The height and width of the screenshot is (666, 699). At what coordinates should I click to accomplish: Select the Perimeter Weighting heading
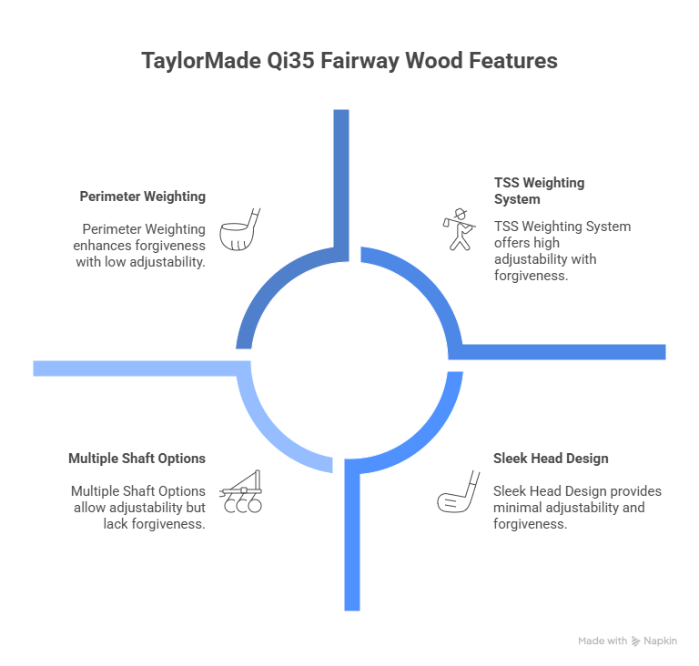pos(142,196)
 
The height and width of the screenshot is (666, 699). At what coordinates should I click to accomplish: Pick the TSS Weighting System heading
pos(538,190)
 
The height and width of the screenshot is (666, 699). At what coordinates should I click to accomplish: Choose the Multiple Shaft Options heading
pos(137,458)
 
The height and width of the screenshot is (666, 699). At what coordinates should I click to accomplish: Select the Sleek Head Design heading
pos(551,458)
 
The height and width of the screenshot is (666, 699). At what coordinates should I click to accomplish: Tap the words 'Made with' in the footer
pos(602,641)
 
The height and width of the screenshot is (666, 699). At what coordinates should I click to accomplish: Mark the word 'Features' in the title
pos(511,62)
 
